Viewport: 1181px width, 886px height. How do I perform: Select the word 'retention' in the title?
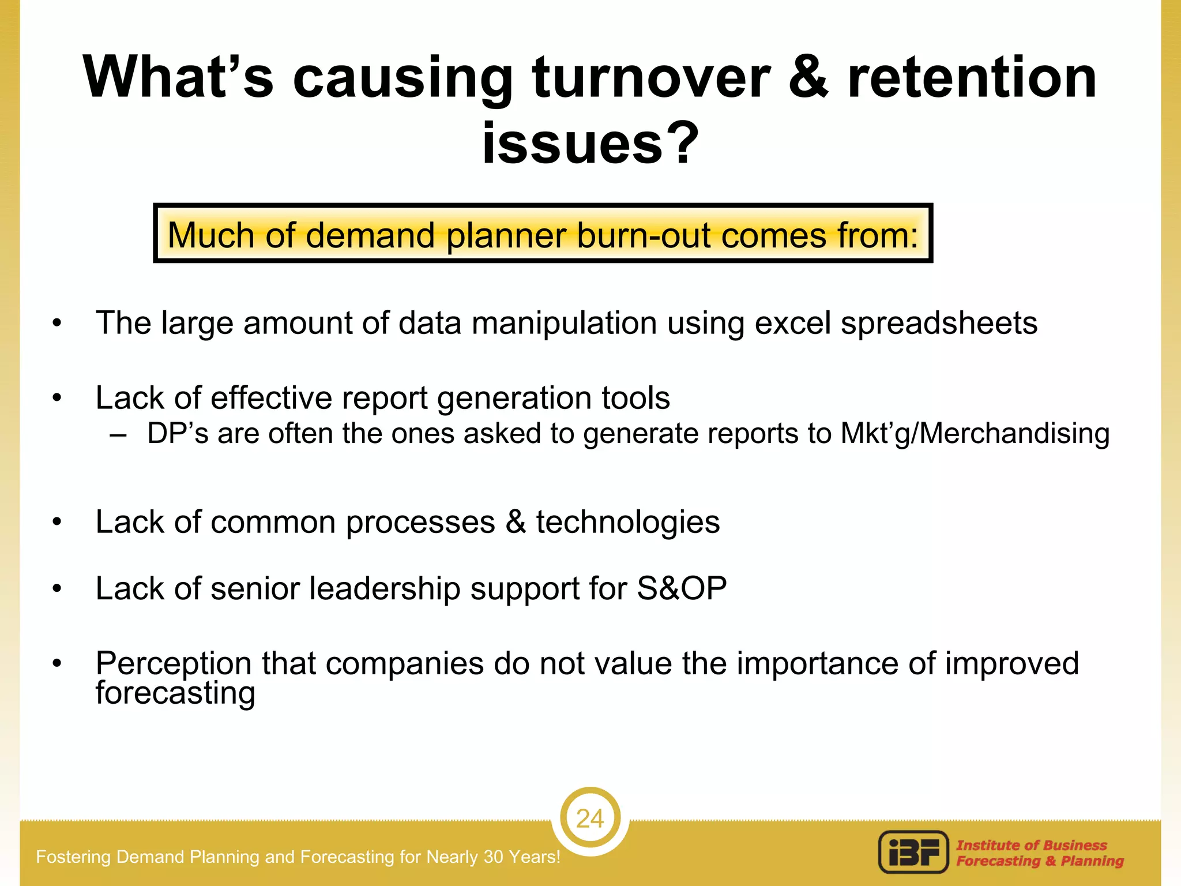pos(972,78)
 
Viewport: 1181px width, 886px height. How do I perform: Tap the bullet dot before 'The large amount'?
pos(57,324)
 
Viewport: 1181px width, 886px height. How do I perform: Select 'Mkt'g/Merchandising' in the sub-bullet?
pos(975,434)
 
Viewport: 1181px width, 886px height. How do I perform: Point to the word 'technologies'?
pos(627,523)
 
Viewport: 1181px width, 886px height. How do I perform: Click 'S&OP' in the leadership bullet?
pos(682,589)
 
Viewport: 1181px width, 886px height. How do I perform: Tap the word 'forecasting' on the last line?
pos(175,693)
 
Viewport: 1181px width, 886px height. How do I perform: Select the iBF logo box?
pos(913,852)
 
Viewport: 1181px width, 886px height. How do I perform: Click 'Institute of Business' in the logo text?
pos(1032,845)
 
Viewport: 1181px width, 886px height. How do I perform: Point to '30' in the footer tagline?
pos(494,857)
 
